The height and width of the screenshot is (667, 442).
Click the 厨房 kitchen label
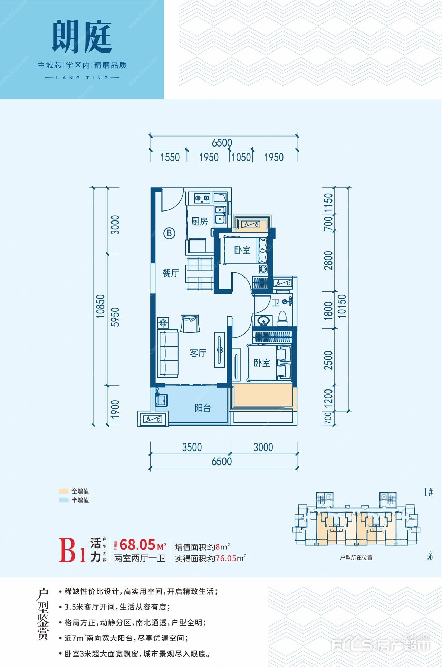(x=200, y=221)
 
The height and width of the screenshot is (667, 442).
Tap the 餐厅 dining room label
(x=171, y=273)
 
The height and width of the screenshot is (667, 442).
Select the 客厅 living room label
(x=198, y=353)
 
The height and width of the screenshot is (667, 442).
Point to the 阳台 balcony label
(x=203, y=408)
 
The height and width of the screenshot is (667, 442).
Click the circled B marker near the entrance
(x=169, y=233)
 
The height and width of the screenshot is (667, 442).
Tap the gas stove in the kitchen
(x=202, y=198)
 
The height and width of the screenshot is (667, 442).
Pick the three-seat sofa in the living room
(x=168, y=353)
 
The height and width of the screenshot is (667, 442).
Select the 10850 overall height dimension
(x=100, y=306)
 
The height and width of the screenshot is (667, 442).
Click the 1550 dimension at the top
(x=170, y=158)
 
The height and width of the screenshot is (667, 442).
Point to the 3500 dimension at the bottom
(x=192, y=447)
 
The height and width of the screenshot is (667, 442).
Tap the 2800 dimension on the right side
(x=328, y=260)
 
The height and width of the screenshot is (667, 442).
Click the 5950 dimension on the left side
(x=115, y=317)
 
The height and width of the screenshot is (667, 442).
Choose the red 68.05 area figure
(x=138, y=545)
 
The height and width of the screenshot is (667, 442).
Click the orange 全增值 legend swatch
(x=64, y=491)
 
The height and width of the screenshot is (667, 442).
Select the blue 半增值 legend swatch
(x=64, y=500)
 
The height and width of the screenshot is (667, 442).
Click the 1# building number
(x=428, y=492)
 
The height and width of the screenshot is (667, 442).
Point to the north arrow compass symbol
(x=430, y=555)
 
